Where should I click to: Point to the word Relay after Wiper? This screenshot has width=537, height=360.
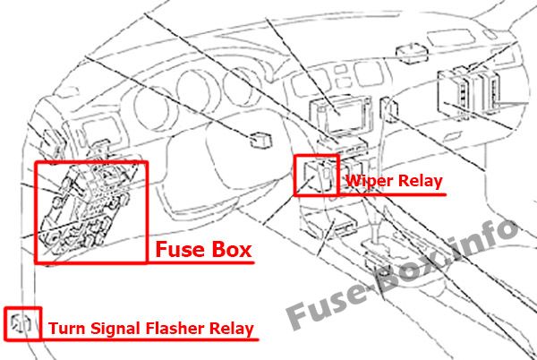[418, 183]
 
